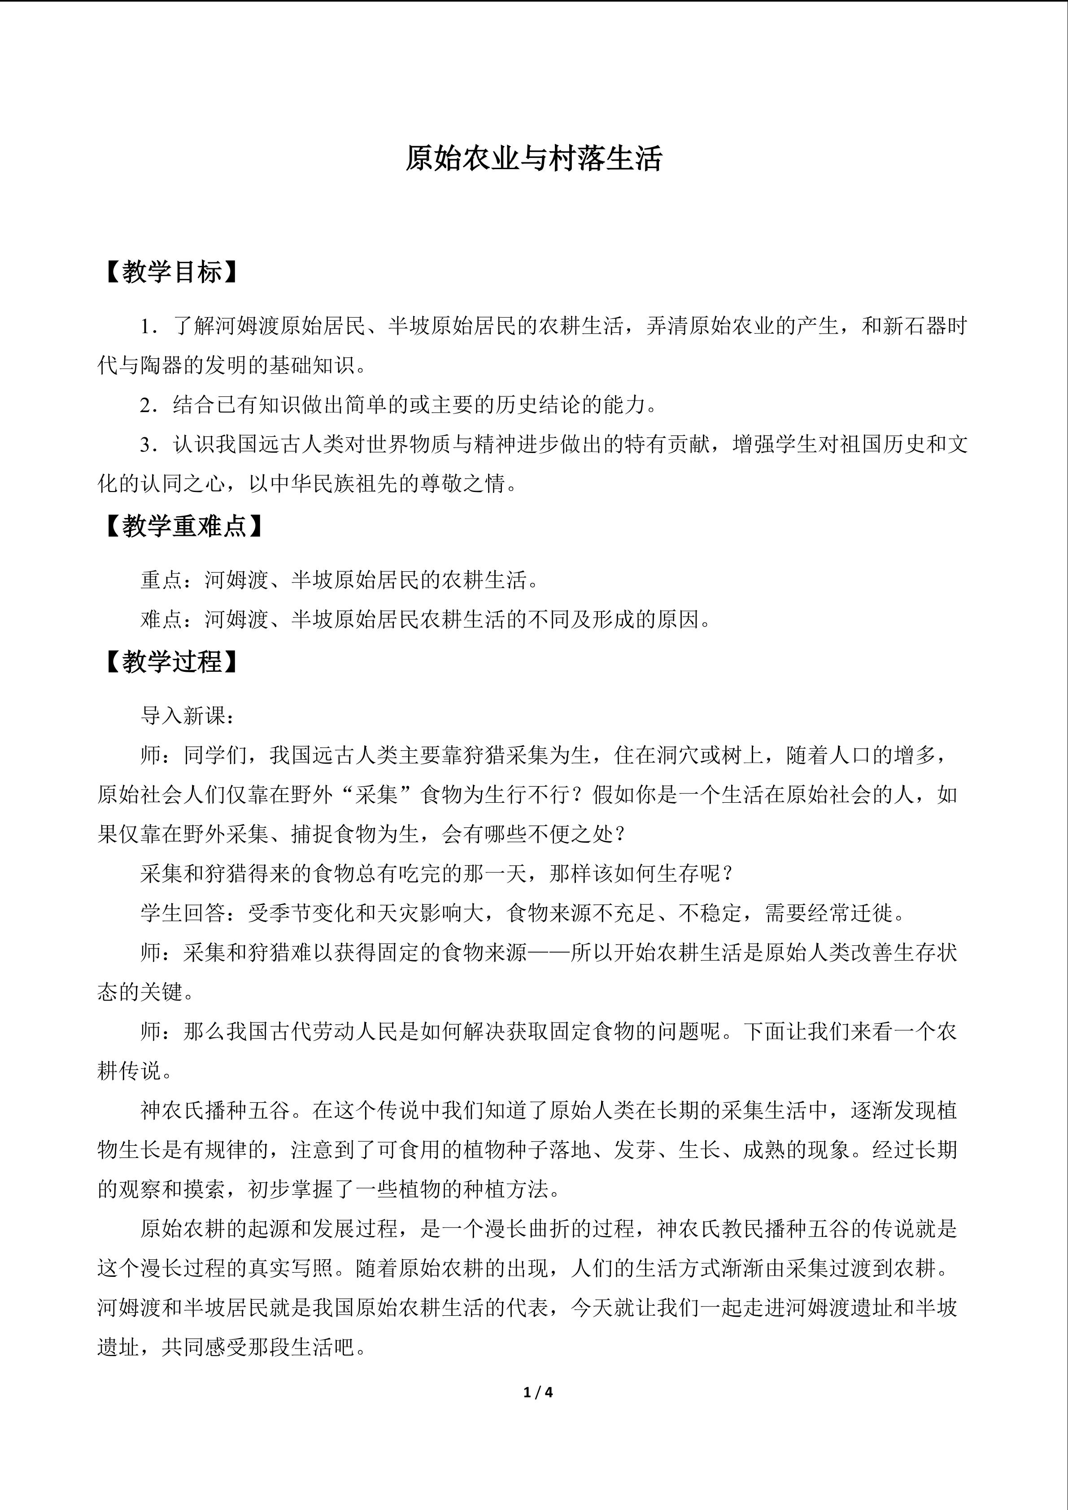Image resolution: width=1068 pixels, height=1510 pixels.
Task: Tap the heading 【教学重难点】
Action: pyautogui.click(x=183, y=526)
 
